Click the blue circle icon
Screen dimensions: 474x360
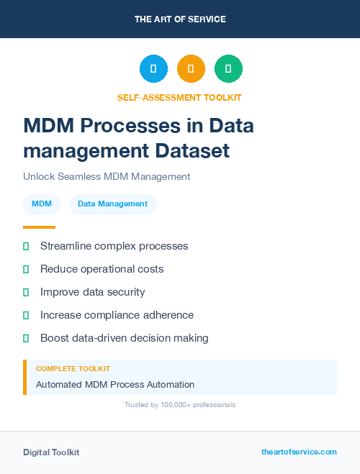pyautogui.click(x=153, y=69)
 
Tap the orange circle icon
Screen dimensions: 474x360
pyautogui.click(x=191, y=69)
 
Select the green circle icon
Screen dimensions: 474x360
pyautogui.click(x=228, y=69)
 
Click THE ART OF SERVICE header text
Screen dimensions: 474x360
pyautogui.click(x=180, y=19)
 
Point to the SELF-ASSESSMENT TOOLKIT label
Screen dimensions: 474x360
pyautogui.click(x=179, y=97)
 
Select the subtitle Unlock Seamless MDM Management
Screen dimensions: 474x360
pyautogui.click(x=107, y=176)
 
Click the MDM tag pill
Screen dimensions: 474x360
pyautogui.click(x=42, y=204)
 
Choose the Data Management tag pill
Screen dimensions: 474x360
pyautogui.click(x=112, y=204)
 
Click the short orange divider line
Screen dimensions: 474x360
pyautogui.click(x=39, y=227)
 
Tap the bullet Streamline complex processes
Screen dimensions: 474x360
pyautogui.click(x=114, y=246)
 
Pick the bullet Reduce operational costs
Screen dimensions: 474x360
pyautogui.click(x=102, y=269)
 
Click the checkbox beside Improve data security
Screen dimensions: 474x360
pyautogui.click(x=26, y=292)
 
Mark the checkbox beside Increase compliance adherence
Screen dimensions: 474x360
pyautogui.click(x=26, y=315)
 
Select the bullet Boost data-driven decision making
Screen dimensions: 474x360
pyautogui.click(x=124, y=338)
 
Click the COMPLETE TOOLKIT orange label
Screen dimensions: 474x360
pyautogui.click(x=73, y=368)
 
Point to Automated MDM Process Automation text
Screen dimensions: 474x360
pyautogui.click(x=115, y=385)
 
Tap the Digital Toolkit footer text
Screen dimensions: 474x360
pyautogui.click(x=51, y=452)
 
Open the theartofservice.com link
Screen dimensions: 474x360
pyautogui.click(x=299, y=452)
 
